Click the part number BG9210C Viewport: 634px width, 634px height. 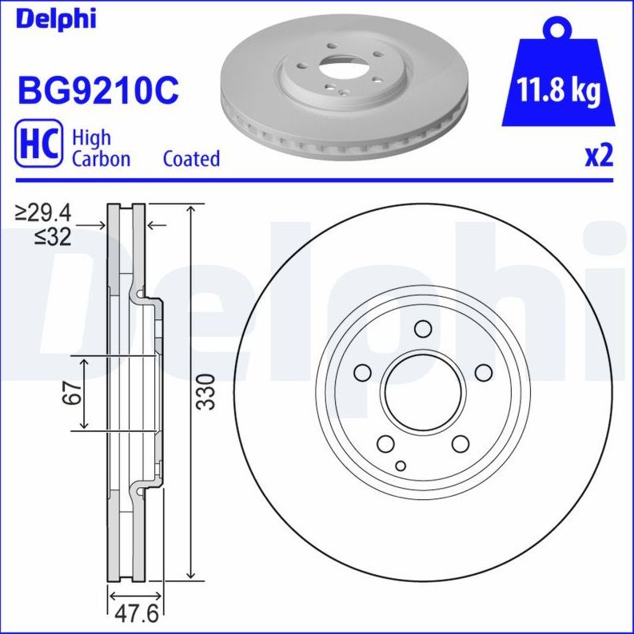tap(98, 92)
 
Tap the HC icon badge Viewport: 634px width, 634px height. tap(38, 145)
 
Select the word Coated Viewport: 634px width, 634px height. tap(191, 158)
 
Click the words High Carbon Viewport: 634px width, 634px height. tap(101, 148)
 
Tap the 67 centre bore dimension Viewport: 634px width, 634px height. tap(74, 392)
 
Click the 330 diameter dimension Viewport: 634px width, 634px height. tap(207, 391)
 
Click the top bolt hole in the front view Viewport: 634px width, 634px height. tap(423, 328)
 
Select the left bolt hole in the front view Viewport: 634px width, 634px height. tap(362, 373)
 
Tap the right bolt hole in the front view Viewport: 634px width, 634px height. tap(484, 372)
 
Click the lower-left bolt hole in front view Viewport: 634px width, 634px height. tap(385, 444)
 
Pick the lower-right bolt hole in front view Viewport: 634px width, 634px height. tap(461, 444)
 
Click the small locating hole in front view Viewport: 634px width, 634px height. tap(401, 466)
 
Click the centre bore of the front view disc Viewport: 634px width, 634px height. tap(423, 392)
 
